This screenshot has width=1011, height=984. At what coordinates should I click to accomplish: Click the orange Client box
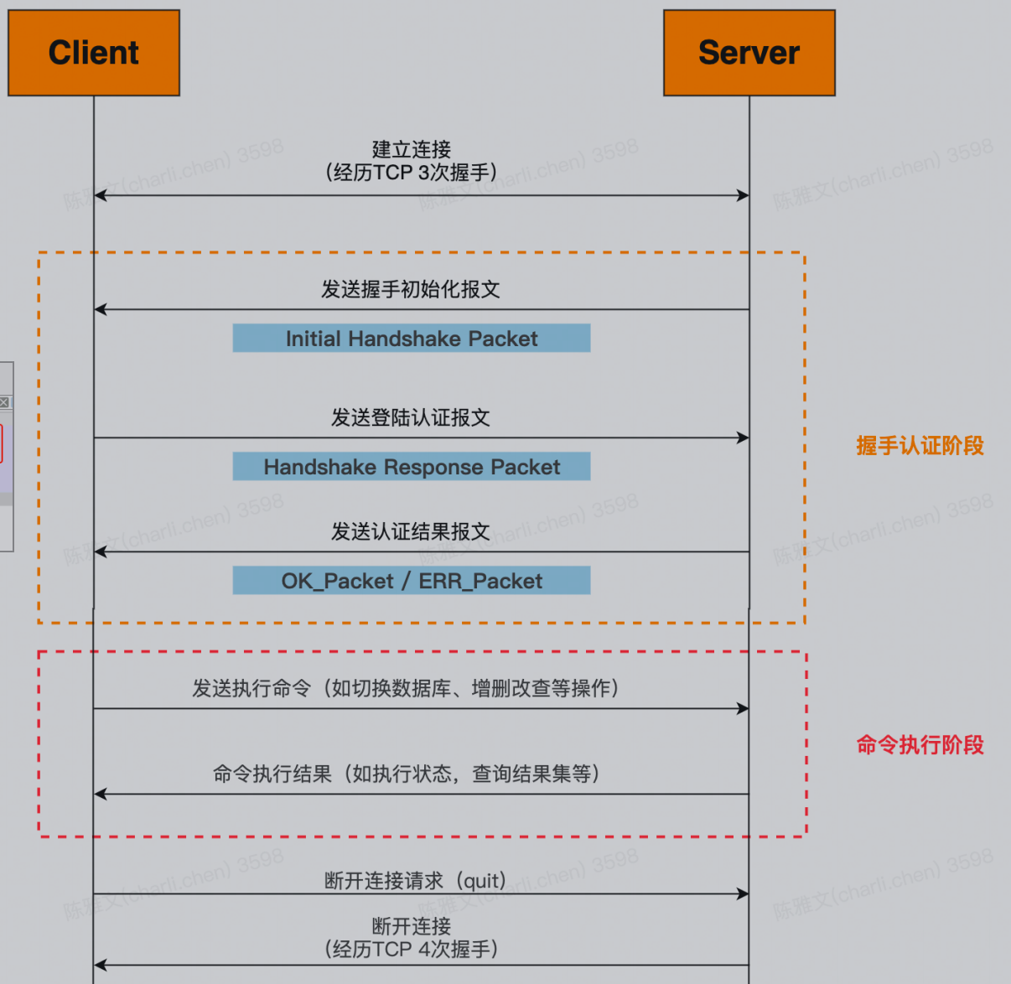(94, 53)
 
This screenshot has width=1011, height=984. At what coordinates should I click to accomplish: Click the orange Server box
(749, 53)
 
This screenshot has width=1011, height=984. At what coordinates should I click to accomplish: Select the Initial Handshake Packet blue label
(411, 339)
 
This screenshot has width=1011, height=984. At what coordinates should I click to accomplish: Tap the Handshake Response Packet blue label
(411, 467)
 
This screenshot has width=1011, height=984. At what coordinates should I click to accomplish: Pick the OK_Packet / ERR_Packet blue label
(411, 581)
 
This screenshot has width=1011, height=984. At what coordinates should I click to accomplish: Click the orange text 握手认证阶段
(920, 446)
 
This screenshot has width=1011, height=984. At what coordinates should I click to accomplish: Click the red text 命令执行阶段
(920, 744)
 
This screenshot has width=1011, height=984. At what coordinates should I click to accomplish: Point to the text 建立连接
(411, 149)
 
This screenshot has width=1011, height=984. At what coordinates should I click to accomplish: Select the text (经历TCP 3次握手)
(411, 173)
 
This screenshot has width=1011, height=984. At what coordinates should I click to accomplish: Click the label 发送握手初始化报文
(411, 289)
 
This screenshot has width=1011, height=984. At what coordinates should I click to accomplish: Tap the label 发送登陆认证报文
(411, 417)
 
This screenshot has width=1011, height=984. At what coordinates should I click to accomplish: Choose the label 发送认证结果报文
(411, 531)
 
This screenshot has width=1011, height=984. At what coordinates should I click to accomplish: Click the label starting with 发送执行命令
(406, 688)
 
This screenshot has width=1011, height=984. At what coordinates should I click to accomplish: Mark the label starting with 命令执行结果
(406, 774)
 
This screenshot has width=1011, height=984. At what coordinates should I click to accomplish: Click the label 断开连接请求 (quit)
(416, 881)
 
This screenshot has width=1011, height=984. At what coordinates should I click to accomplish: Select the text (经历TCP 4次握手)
(411, 950)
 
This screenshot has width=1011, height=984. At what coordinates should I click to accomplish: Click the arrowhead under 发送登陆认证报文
(743, 438)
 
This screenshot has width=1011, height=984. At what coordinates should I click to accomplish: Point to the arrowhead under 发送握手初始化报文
(101, 309)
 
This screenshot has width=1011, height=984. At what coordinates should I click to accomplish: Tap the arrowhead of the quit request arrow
(743, 893)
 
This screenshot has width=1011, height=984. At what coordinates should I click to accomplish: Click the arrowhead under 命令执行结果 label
(101, 794)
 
